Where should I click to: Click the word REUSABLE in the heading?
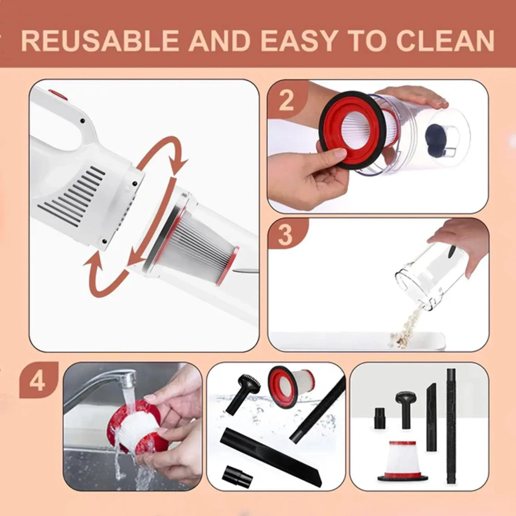click(99, 40)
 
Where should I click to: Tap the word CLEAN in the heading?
click(445, 40)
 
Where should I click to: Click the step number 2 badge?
click(286, 100)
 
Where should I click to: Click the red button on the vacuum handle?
click(57, 94)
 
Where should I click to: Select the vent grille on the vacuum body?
click(72, 196)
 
